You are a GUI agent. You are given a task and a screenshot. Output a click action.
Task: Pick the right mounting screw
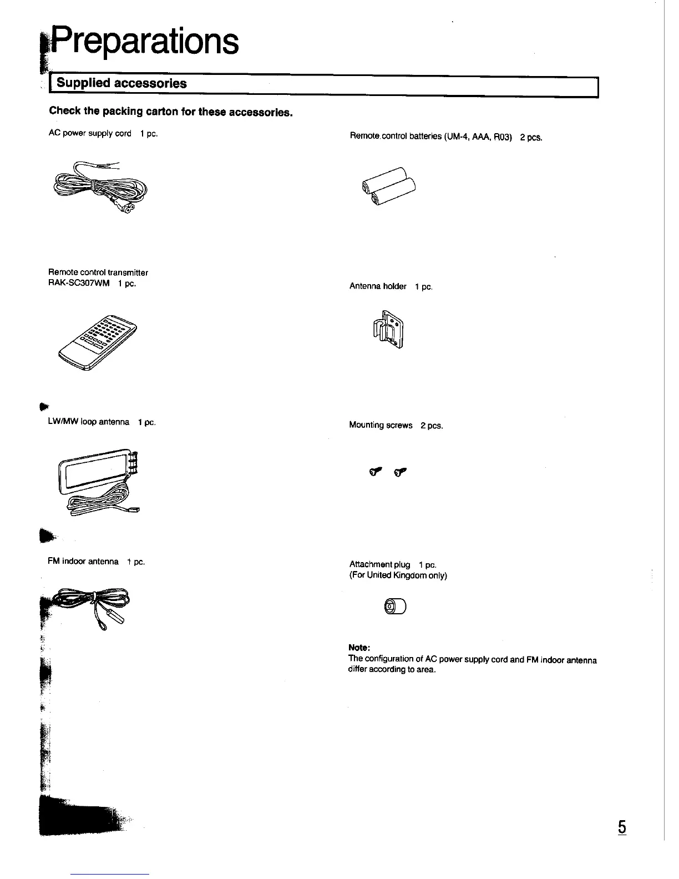(x=400, y=472)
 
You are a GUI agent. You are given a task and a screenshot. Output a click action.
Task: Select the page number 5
(x=622, y=827)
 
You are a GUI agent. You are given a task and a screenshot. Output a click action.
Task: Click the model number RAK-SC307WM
(x=79, y=284)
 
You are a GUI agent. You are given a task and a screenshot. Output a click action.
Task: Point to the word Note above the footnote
(x=359, y=648)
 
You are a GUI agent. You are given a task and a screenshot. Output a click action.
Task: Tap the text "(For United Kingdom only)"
(x=398, y=575)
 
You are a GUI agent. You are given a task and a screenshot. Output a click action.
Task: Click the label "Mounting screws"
(x=381, y=425)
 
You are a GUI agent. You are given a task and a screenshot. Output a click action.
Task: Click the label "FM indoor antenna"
(x=83, y=562)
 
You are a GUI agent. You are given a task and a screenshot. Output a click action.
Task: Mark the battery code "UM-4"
(x=457, y=137)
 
